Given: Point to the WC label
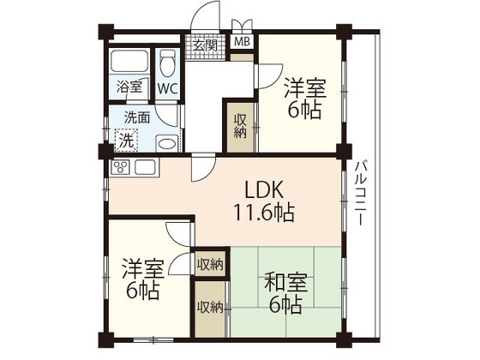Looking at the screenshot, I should click(x=167, y=87).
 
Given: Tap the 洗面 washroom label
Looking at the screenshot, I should click(x=137, y=117).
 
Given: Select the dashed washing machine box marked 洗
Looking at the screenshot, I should click(x=126, y=140).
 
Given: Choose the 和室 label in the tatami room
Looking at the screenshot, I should click(x=279, y=280).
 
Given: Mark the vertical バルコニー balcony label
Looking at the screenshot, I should click(x=361, y=193).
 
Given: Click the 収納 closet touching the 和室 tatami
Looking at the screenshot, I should click(x=211, y=307).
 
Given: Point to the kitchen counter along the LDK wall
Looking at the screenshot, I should click(x=134, y=166).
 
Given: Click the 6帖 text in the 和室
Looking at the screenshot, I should click(x=286, y=304).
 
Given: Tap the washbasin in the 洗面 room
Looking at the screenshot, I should click(x=167, y=142).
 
